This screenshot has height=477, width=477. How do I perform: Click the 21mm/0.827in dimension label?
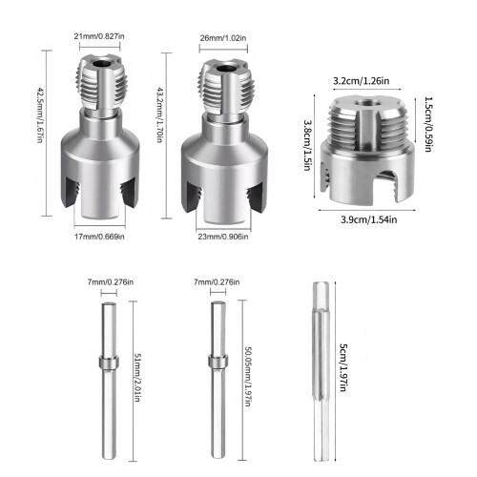pos(99,36)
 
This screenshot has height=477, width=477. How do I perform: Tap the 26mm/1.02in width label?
pos(223,38)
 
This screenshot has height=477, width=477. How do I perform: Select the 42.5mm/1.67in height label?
pos(40,115)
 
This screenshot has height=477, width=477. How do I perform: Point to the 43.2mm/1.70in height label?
pos(160,115)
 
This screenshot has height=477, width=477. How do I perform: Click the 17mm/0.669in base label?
pos(99,237)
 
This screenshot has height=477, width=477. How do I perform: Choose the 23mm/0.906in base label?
pos(223,237)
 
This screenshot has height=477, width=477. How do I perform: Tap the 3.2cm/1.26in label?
pos(361,81)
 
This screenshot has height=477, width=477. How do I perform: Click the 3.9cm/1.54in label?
pos(369,219)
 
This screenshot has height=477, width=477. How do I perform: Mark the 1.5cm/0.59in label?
pos(428,124)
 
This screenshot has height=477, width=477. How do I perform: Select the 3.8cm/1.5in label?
pos(307,145)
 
